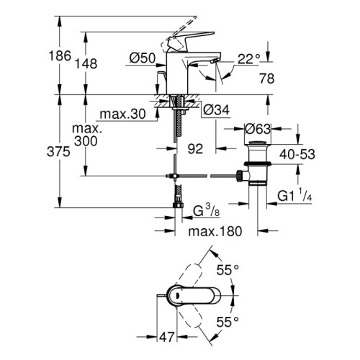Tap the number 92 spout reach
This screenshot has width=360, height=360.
[195, 150]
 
